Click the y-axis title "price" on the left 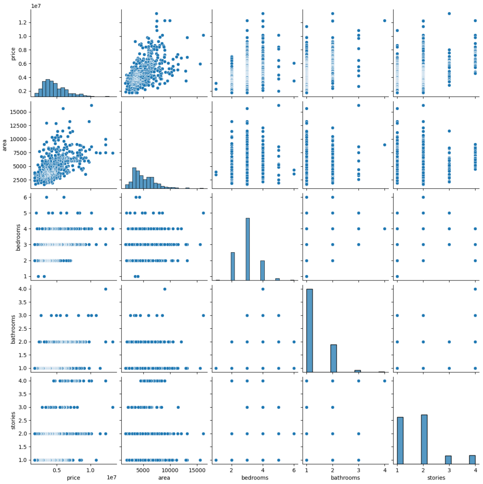point(13,54)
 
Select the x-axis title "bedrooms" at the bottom point(255,477)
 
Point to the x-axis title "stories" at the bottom point(436,477)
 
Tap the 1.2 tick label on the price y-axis point(25,22)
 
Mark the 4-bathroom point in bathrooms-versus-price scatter point(105,289)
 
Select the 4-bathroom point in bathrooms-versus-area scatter point(165,289)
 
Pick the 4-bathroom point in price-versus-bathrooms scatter point(385,20)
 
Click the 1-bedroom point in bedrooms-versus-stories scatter point(397,276)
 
